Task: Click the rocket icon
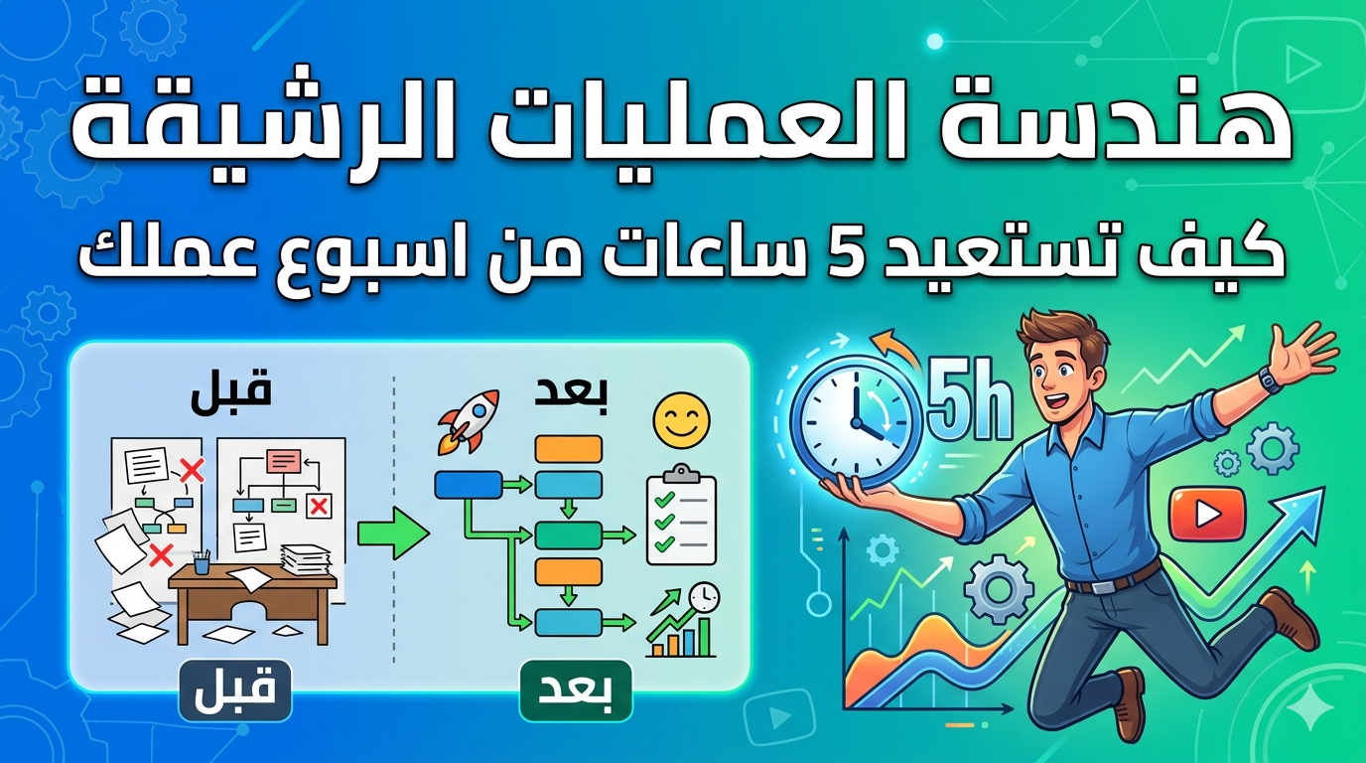(x=469, y=422)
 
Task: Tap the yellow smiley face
(x=681, y=420)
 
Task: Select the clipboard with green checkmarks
(x=681, y=515)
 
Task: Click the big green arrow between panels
(x=393, y=533)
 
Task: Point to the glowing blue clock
(x=855, y=422)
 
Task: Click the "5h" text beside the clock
(x=969, y=404)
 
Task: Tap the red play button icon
(x=1207, y=514)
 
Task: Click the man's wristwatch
(x=1271, y=380)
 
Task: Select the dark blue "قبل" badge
(x=235, y=691)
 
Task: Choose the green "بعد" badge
(x=576, y=691)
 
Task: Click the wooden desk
(x=252, y=604)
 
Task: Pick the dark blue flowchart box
(x=469, y=485)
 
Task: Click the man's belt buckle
(x=1103, y=586)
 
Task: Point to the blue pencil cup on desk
(x=202, y=562)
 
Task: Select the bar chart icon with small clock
(x=682, y=620)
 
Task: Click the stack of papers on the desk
(x=306, y=560)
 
